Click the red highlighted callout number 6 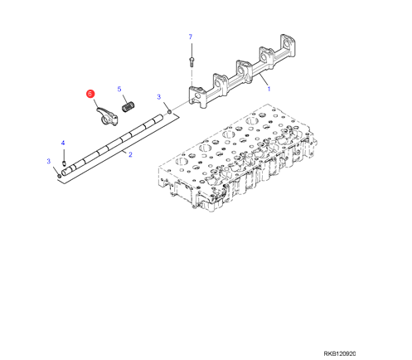(90, 94)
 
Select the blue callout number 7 (190, 36)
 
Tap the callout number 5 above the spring (119, 89)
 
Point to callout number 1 (269, 89)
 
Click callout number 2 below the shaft (130, 154)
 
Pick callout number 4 (63, 143)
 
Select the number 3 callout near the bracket (159, 97)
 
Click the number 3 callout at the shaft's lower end (49, 161)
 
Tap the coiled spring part (128, 107)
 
